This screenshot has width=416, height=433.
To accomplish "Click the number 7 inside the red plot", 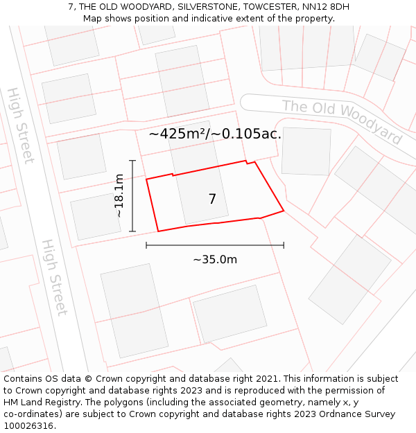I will [212, 200].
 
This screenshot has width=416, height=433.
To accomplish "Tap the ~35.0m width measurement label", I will [215, 260].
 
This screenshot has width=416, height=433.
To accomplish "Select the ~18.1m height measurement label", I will [119, 196].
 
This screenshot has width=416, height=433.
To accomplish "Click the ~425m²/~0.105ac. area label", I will [215, 134].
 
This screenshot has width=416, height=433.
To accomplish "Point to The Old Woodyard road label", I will [342, 122].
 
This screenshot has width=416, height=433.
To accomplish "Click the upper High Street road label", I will [20, 125].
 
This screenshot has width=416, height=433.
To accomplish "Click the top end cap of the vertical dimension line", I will [132, 161].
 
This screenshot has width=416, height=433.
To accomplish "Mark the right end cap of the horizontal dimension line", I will [284, 245].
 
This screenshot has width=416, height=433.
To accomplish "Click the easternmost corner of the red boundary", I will [284, 210].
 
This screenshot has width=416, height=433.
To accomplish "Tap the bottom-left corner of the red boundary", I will [159, 231].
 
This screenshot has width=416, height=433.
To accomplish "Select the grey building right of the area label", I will [306, 151].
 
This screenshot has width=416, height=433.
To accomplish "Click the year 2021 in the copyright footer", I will [268, 379].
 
